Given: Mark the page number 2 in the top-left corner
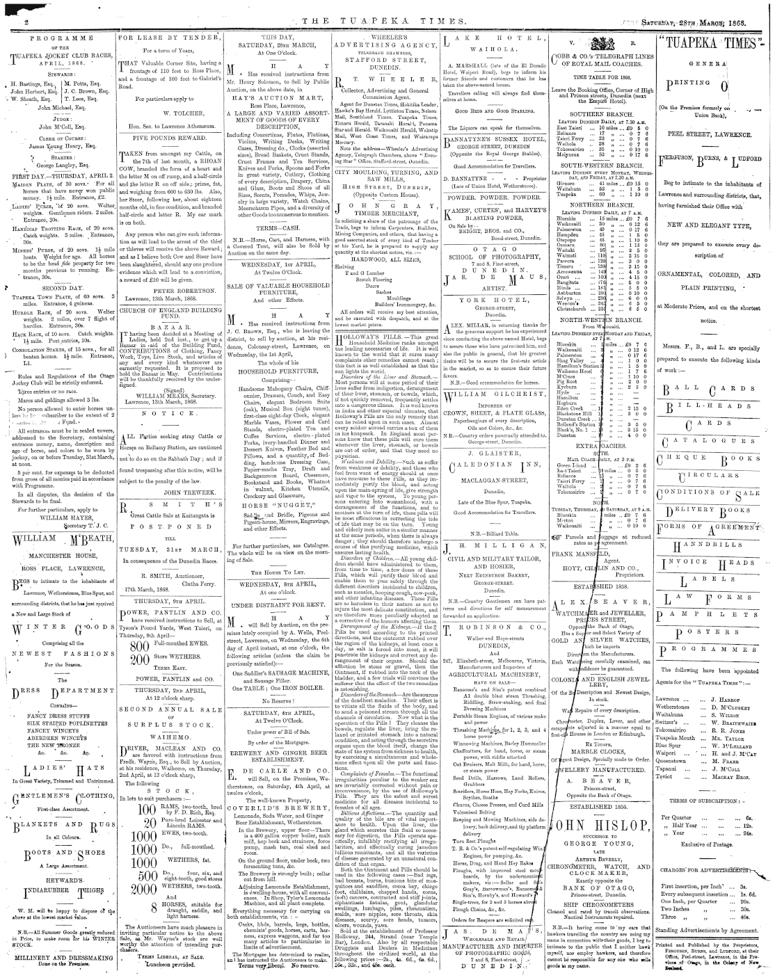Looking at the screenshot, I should pos(14,24).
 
